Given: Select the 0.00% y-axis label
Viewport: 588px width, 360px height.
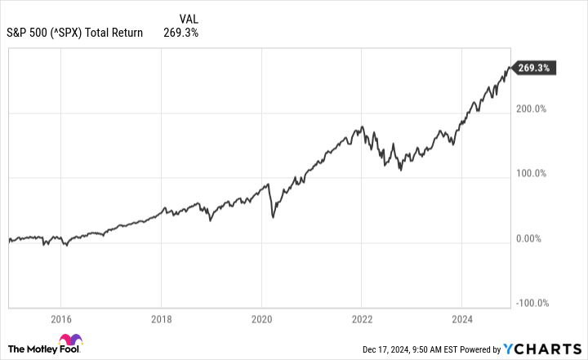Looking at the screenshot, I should [x=532, y=238].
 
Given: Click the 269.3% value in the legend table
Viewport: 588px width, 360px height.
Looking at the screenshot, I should [x=180, y=33].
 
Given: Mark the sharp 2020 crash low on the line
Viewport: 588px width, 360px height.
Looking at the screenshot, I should [x=273, y=217].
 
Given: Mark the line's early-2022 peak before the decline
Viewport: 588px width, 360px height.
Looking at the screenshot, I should [x=362, y=127].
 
